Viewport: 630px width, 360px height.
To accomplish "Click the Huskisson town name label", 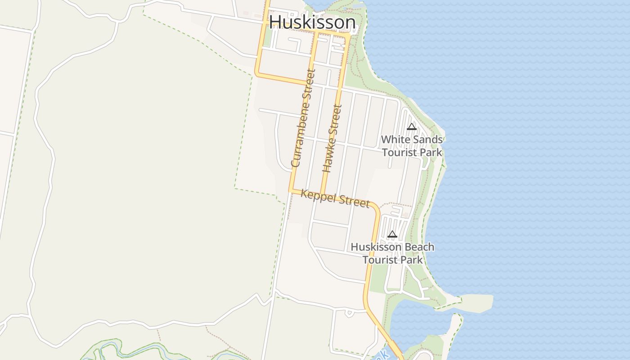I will pyautogui.click(x=312, y=22).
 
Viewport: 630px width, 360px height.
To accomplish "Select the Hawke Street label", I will pyautogui.click(x=333, y=139).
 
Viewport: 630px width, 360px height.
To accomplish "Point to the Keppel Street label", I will pyautogui.click(x=335, y=198).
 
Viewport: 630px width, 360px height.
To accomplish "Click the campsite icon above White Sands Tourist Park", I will pyautogui.click(x=412, y=126).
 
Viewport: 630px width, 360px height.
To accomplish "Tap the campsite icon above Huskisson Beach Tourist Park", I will pyautogui.click(x=392, y=234).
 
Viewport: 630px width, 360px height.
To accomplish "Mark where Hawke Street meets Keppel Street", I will pyautogui.click(x=322, y=194).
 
